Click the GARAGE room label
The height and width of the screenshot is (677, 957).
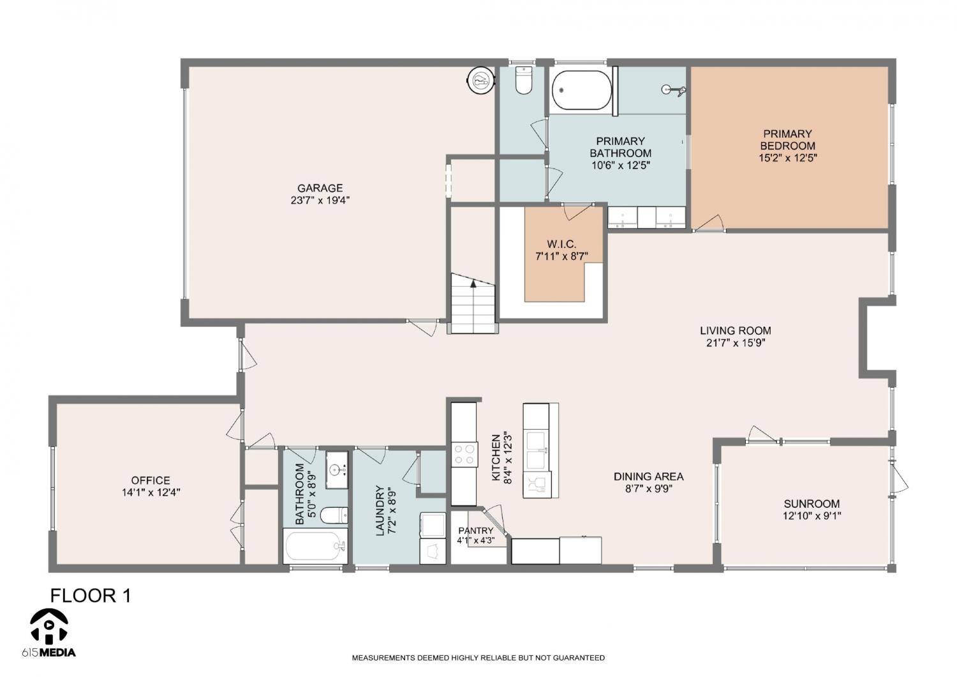click(x=320, y=188)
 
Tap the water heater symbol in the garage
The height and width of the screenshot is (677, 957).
click(x=481, y=80)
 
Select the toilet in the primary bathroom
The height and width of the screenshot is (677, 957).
click(x=523, y=80)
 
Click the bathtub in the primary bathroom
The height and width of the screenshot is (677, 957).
click(x=581, y=90)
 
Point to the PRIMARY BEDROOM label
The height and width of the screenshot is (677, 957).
click(x=788, y=140)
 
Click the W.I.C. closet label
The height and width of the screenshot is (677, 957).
click(x=562, y=244)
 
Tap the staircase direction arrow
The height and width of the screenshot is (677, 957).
click(x=473, y=283)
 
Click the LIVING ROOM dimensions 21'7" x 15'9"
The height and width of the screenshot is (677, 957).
click(x=735, y=342)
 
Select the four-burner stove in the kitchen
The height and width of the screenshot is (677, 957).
click(x=464, y=454)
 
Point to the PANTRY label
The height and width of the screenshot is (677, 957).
click(x=475, y=531)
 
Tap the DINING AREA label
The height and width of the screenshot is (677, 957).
click(x=649, y=476)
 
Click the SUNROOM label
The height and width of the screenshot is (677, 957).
click(x=812, y=504)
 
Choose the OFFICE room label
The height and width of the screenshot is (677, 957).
click(x=151, y=480)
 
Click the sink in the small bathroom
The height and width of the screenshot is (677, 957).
click(x=337, y=469)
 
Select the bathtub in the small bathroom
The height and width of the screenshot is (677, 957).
click(x=315, y=546)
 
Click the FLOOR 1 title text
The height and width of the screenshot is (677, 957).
click(x=91, y=595)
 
